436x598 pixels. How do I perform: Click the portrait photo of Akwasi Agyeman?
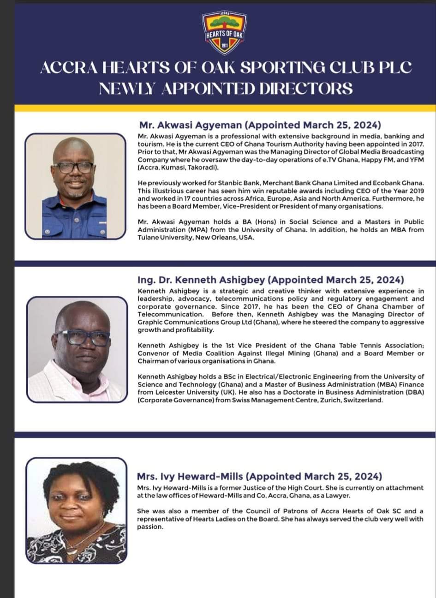75,186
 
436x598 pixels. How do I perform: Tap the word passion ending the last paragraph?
150,526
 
